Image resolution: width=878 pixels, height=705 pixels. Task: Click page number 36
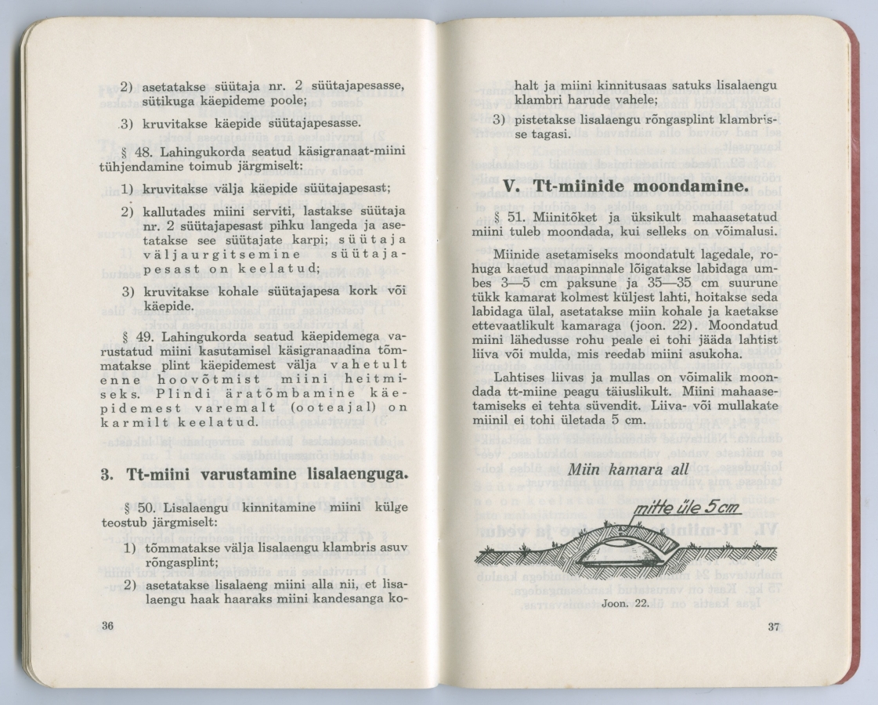click(x=108, y=624)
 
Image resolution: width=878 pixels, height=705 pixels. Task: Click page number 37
click(x=774, y=625)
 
